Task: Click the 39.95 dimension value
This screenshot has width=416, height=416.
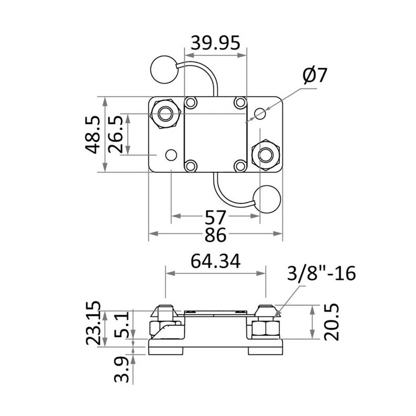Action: (x=215, y=43)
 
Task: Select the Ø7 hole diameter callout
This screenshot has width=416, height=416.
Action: (x=314, y=75)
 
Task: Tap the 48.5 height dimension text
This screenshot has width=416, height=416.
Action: (x=94, y=135)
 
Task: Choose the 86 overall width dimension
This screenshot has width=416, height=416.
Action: (x=215, y=235)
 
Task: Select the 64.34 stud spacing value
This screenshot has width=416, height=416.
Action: (x=215, y=262)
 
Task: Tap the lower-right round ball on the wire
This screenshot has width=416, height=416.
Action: (x=267, y=199)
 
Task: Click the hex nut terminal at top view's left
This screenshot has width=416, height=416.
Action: (x=166, y=113)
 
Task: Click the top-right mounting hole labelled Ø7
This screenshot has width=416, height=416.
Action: (x=261, y=113)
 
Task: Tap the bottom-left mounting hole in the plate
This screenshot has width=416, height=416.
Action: (x=171, y=155)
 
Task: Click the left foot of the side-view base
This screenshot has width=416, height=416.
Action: (x=167, y=351)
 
